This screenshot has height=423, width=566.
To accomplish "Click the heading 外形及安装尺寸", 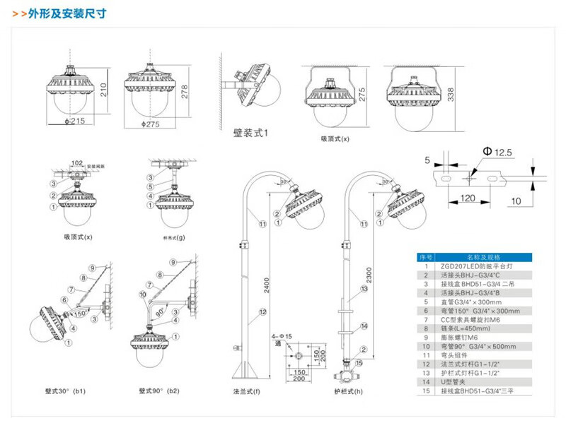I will [67, 14].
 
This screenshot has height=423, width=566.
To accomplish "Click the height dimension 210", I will [105, 89].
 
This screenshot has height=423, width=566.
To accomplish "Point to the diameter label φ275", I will [149, 124].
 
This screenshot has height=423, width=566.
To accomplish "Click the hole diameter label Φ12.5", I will [499, 152].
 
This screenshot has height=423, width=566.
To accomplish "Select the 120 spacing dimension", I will [467, 198].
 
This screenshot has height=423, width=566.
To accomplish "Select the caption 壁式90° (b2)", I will [159, 391].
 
